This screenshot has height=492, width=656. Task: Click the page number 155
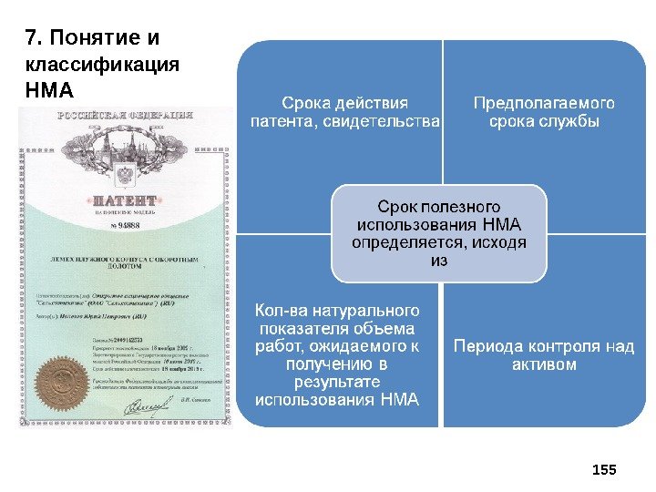click(x=604, y=469)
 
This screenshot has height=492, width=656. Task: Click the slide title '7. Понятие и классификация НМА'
click(x=102, y=65)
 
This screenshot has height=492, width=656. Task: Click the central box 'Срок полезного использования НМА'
click(x=439, y=233)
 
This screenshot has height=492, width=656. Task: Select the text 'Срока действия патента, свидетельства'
click(x=344, y=112)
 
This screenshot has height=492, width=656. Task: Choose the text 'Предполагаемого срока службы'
click(x=544, y=112)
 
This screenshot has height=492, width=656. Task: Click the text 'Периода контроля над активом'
click(x=544, y=355)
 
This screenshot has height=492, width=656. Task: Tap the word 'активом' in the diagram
click(x=544, y=364)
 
